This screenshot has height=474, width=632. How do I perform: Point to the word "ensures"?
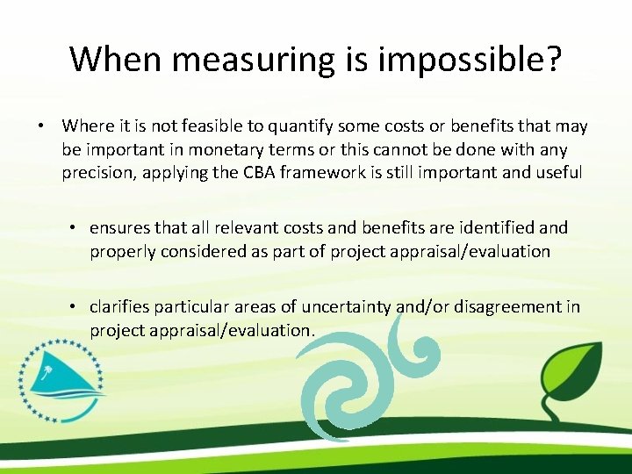point(119,227)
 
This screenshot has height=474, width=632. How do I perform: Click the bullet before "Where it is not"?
point(41,126)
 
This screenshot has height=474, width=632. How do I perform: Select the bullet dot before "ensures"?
point(75,228)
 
